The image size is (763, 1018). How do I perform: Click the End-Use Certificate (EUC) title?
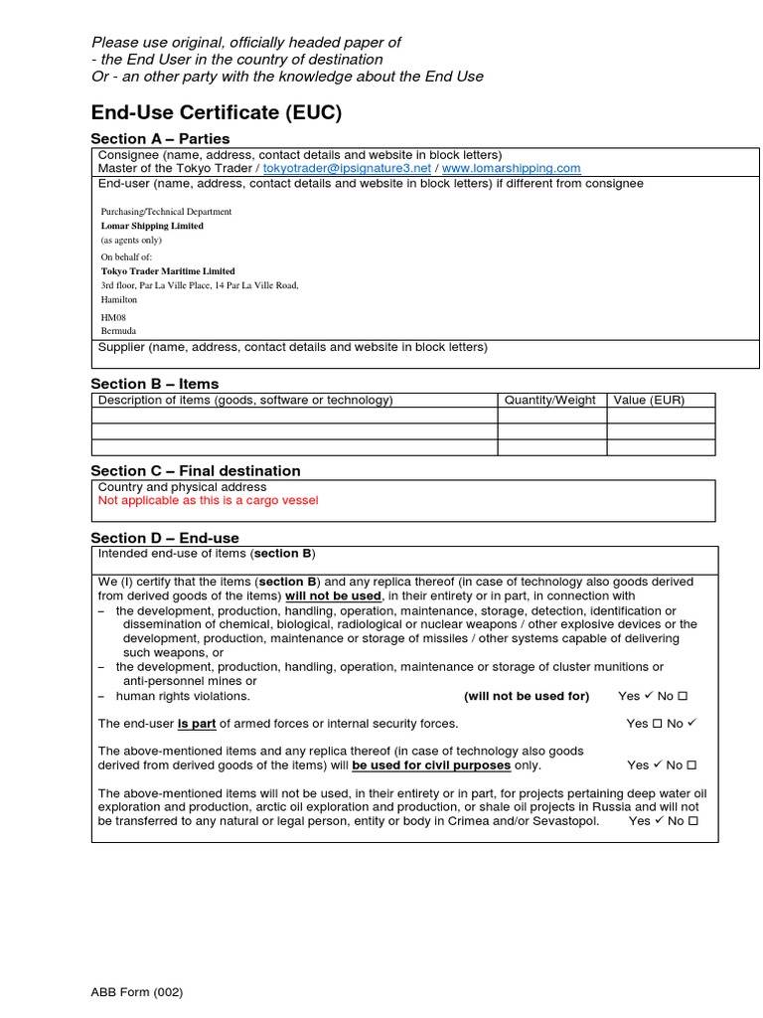pyautogui.click(x=216, y=112)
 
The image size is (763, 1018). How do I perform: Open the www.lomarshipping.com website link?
pyautogui.click(x=511, y=169)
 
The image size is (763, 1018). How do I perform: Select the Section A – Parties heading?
pyautogui.click(x=160, y=139)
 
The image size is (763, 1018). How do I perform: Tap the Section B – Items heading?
pyautogui.click(x=155, y=384)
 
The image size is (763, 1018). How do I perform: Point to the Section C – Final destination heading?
pyautogui.click(x=196, y=471)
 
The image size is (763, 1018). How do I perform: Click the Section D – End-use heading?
pyautogui.click(x=165, y=538)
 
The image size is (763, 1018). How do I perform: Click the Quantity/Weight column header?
pyautogui.click(x=550, y=401)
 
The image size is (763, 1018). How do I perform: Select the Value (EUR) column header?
pyautogui.click(x=649, y=401)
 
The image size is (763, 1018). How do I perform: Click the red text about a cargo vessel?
pyautogui.click(x=208, y=501)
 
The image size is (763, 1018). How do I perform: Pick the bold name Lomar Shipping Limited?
pyautogui.click(x=152, y=226)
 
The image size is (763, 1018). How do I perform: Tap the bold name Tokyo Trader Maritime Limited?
pyautogui.click(x=168, y=271)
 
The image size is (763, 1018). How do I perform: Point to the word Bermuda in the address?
pyautogui.click(x=118, y=331)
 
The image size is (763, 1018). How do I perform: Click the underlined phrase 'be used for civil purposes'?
pyautogui.click(x=431, y=765)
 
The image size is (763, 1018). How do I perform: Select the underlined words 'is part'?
pyautogui.click(x=197, y=724)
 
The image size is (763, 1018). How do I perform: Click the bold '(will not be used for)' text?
pyautogui.click(x=526, y=696)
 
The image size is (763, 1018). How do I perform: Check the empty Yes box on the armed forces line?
pyautogui.click(x=656, y=724)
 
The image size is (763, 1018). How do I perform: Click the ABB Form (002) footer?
pyautogui.click(x=137, y=992)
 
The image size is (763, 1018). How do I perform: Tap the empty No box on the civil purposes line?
pyautogui.click(x=692, y=765)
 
